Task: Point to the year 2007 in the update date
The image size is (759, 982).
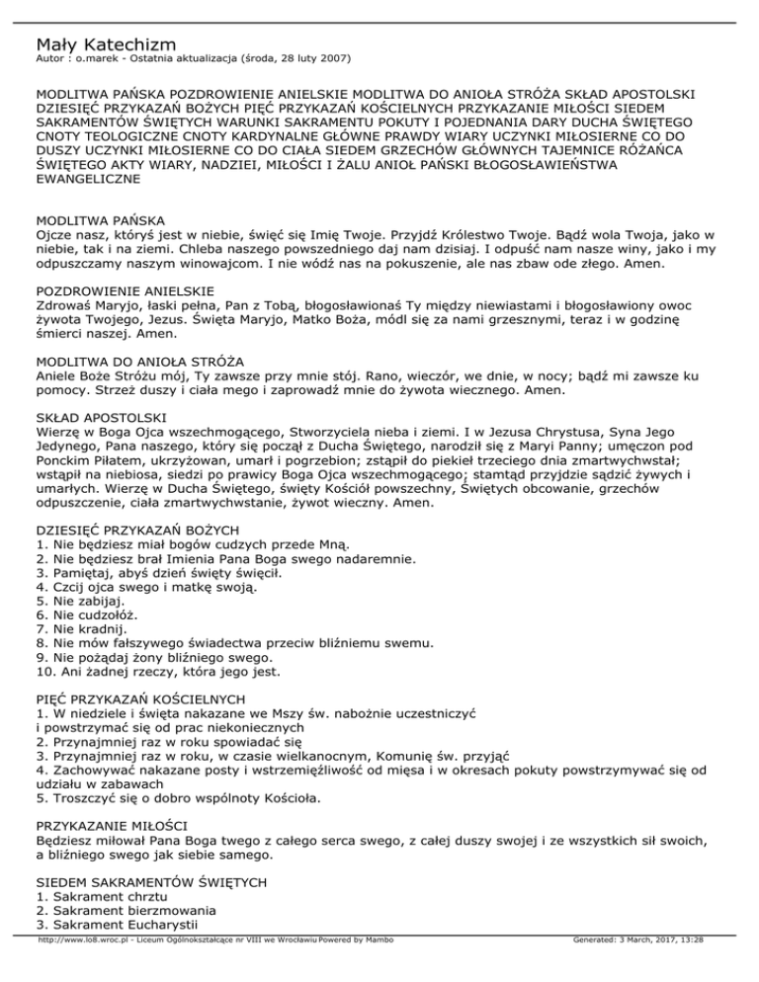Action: point(327,60)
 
